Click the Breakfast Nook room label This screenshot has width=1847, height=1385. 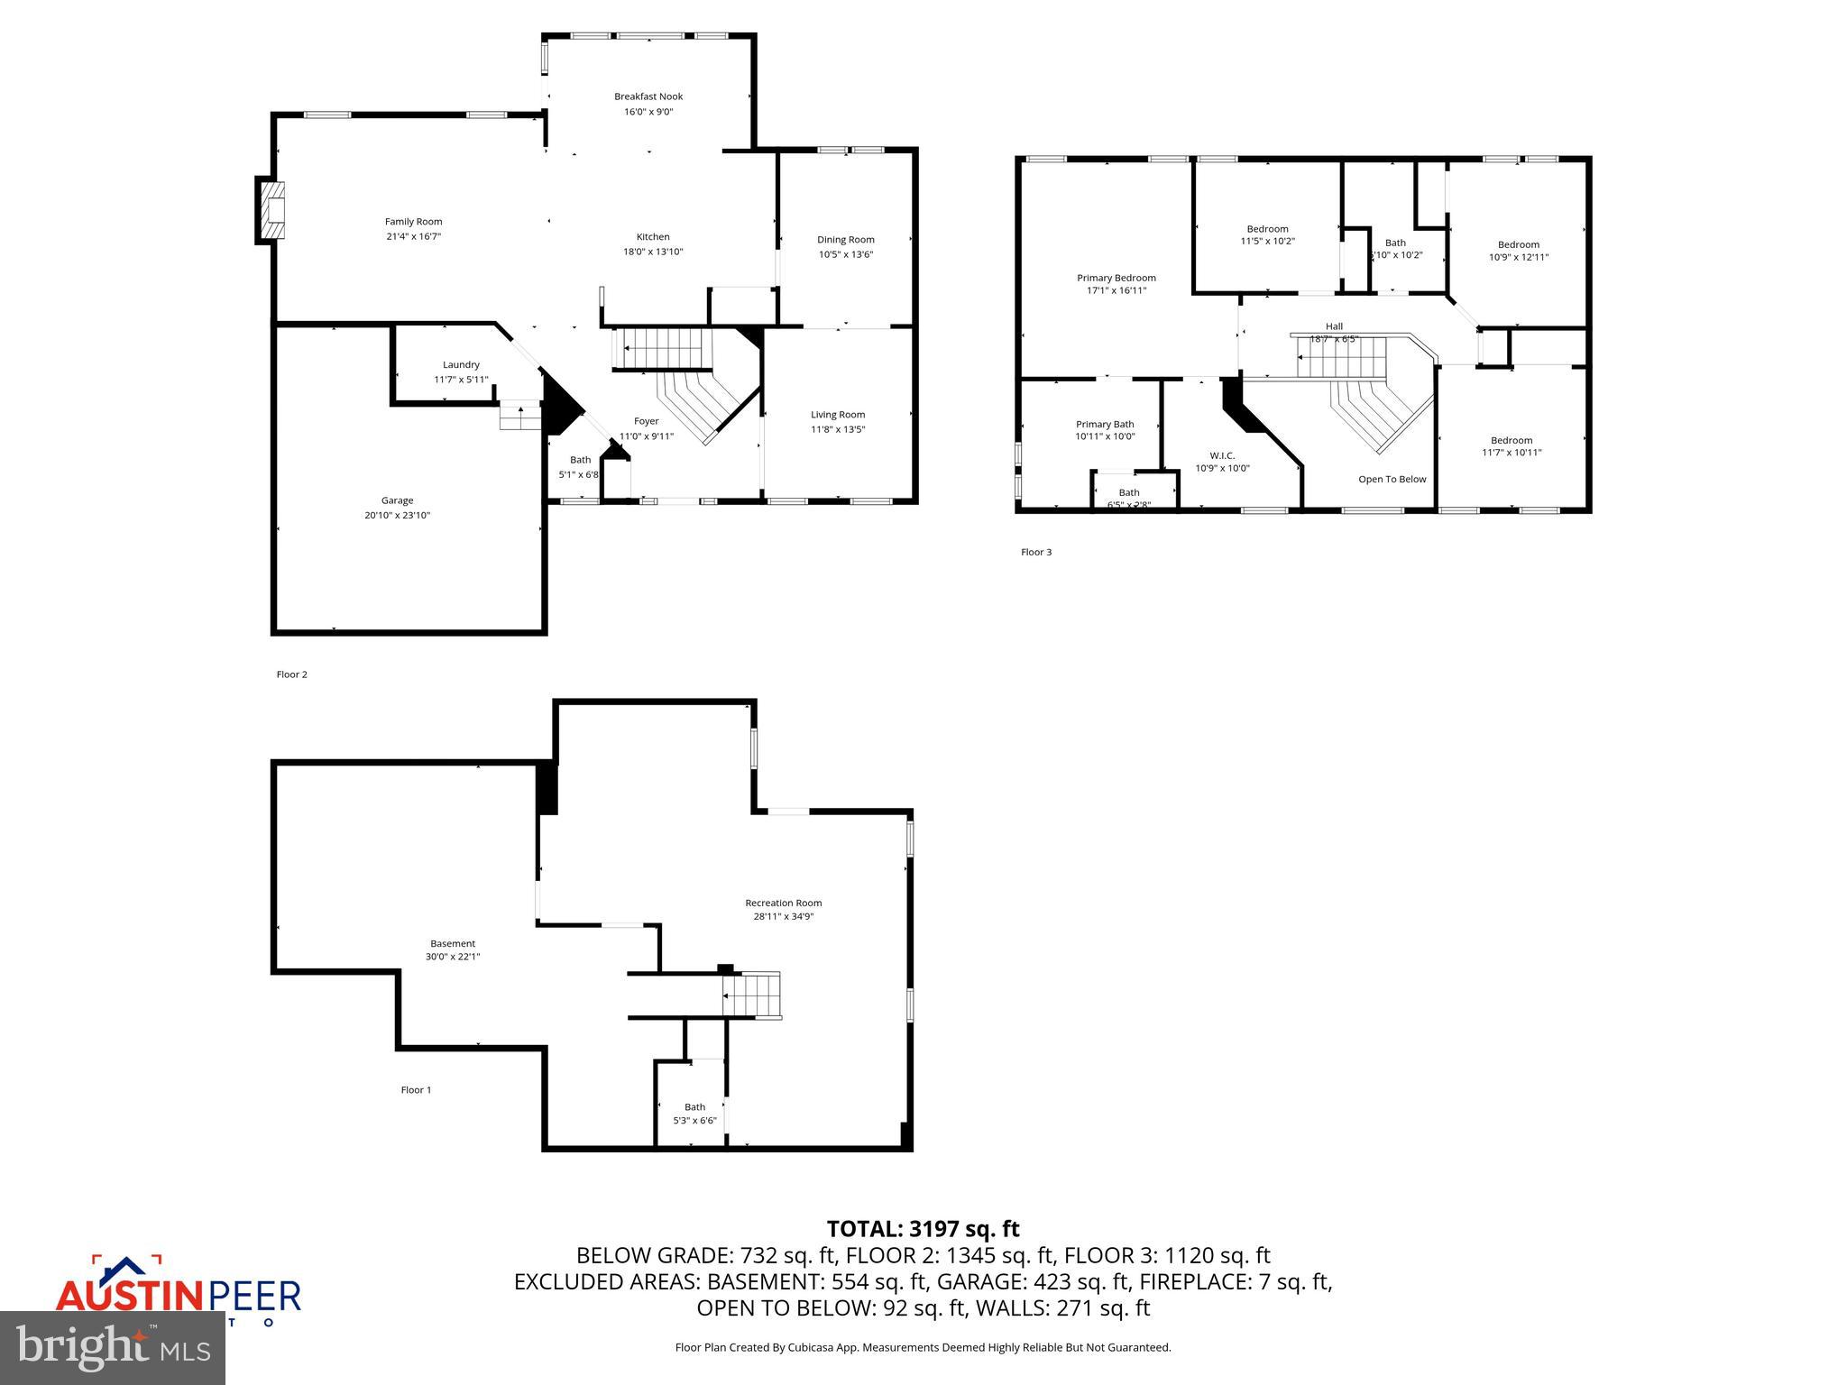(648, 96)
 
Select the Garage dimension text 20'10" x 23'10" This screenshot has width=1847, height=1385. (397, 516)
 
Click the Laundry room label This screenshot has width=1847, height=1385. (461, 365)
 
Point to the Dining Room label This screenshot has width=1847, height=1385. (845, 240)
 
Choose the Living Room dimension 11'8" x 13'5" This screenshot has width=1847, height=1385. (837, 429)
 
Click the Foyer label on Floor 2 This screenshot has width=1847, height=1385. (646, 421)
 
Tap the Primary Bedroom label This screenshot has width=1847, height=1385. (1116, 278)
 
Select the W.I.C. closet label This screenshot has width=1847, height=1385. (1222, 455)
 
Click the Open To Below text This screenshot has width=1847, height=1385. (1392, 479)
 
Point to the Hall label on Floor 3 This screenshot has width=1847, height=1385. (1334, 326)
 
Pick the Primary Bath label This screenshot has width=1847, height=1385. (1105, 424)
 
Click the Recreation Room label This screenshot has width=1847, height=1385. (783, 903)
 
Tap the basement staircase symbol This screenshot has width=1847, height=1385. (751, 995)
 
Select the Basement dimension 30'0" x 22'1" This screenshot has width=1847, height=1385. (453, 957)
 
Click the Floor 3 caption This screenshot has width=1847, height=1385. (1036, 552)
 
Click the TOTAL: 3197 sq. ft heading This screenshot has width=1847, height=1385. (923, 1229)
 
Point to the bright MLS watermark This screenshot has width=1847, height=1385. (113, 1347)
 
